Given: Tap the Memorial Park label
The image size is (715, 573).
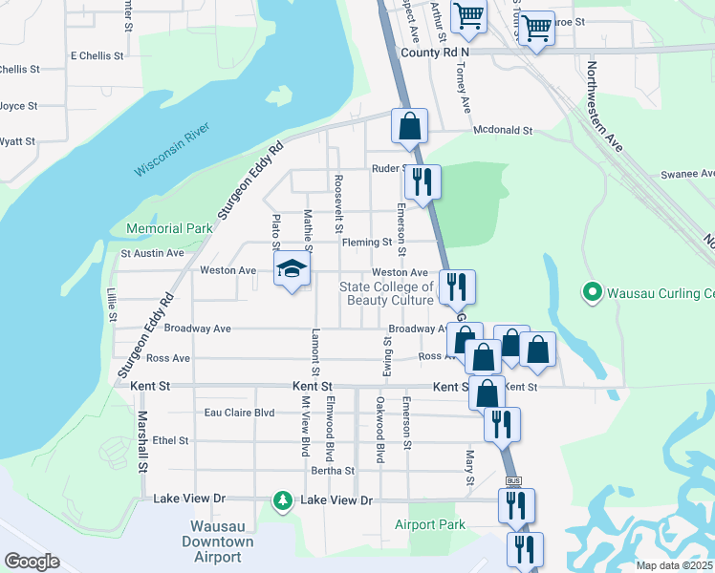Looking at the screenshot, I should tap(169, 229).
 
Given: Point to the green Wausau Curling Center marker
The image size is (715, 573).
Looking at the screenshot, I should tap(593, 291).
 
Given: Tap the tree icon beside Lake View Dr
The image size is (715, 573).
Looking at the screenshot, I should tap(282, 500).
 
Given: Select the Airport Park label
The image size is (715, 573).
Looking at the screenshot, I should tap(429, 524).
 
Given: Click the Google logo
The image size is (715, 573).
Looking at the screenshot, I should tap(32, 561).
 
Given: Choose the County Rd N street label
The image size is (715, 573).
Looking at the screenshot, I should tap(435, 53).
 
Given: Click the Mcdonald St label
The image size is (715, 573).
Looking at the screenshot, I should tap(502, 130).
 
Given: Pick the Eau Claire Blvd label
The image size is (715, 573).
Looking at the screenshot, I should tap(239, 414).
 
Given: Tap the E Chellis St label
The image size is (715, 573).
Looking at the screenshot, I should tap(97, 55).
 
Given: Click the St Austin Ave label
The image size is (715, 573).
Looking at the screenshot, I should tap(152, 253).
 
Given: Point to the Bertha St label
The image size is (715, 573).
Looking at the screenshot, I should tap(333, 471).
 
